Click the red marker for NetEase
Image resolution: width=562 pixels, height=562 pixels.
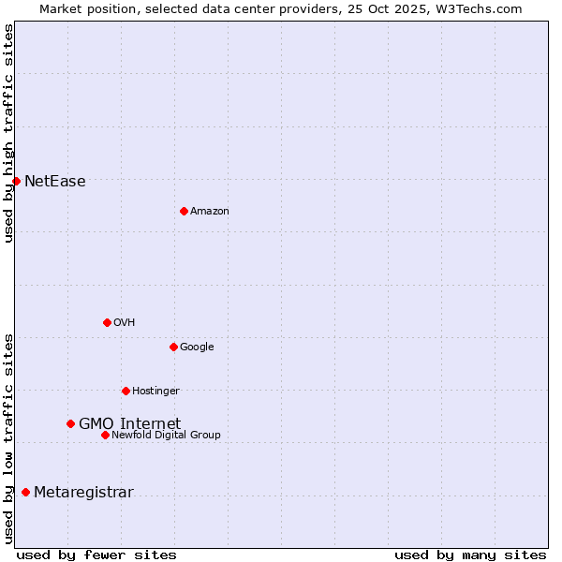pyautogui.click(x=16, y=181)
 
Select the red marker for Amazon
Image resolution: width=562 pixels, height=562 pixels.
pyautogui.click(x=184, y=211)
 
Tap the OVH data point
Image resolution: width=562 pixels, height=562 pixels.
pyautogui.click(x=107, y=322)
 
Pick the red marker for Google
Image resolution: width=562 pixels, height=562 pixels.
pyautogui.click(x=173, y=347)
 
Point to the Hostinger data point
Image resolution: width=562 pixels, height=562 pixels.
pyautogui.click(x=126, y=391)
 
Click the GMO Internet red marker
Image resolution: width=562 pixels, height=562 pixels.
pyautogui.click(x=70, y=423)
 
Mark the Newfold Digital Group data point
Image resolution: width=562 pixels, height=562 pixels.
pyautogui.click(x=105, y=435)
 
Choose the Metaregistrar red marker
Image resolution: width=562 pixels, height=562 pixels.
pyautogui.click(x=25, y=492)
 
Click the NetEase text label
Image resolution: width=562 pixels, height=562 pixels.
pyautogui.click(x=55, y=182)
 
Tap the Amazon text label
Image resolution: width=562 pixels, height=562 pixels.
pyautogui.click(x=210, y=212)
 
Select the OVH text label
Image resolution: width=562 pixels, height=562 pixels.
pyautogui.click(x=125, y=323)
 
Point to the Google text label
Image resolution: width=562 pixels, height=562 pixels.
pyautogui.click(x=197, y=348)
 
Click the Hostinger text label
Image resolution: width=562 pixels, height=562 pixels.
pyautogui.click(x=155, y=392)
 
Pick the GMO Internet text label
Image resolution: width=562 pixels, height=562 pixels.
pyautogui.click(x=129, y=424)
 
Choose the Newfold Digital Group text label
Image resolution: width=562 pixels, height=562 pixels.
pyautogui.click(x=166, y=436)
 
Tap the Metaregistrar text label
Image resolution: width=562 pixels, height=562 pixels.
pyautogui.click(x=83, y=493)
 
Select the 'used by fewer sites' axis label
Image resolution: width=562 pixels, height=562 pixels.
pyautogui.click(x=96, y=555)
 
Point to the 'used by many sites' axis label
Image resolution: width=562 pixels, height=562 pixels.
pyautogui.click(x=470, y=555)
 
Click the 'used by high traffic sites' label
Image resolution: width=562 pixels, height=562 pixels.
pyautogui.click(x=8, y=133)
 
